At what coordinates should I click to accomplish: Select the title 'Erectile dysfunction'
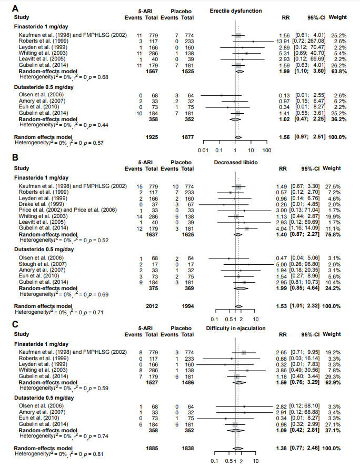tap(235, 11)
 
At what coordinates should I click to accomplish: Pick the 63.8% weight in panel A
tap(337, 71)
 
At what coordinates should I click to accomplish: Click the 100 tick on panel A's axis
tap(266, 150)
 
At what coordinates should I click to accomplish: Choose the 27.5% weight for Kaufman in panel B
tap(337, 186)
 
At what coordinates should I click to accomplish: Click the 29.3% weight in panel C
tap(337, 376)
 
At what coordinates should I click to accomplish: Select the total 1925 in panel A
tap(152, 137)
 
